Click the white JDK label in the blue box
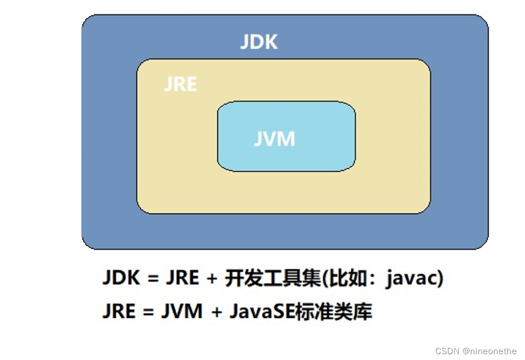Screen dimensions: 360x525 pyautogui.click(x=258, y=42)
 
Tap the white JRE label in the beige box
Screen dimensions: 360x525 pyautogui.click(x=180, y=84)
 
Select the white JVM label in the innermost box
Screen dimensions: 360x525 pyautogui.click(x=274, y=139)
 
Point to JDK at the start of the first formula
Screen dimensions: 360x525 pyautogui.click(x=121, y=279)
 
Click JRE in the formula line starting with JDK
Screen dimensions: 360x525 pyautogui.click(x=182, y=279)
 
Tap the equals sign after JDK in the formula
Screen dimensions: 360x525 pyautogui.click(x=152, y=279)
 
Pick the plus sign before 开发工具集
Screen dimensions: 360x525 pyautogui.click(x=212, y=279)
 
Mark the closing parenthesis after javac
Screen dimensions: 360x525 pyautogui.click(x=441, y=279)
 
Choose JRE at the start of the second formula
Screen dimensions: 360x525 pyautogui.click(x=120, y=311)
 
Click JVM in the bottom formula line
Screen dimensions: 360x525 pyautogui.click(x=180, y=311)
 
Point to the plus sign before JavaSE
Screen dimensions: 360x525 pyautogui.click(x=217, y=312)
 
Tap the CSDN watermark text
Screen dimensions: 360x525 pyautogui.click(x=447, y=350)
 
